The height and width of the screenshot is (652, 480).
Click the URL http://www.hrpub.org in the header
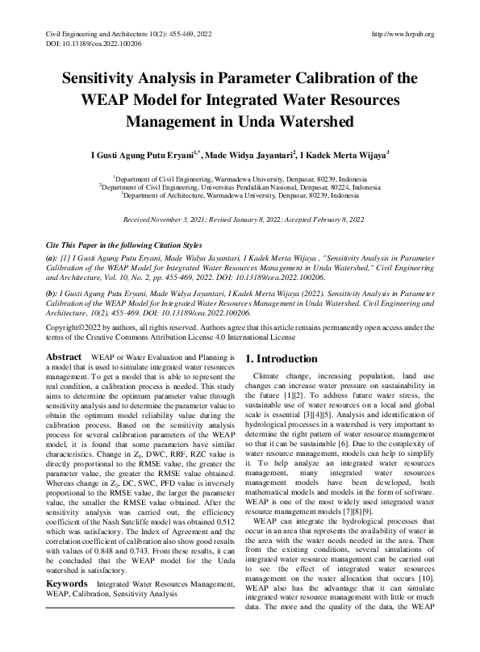[401, 34]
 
